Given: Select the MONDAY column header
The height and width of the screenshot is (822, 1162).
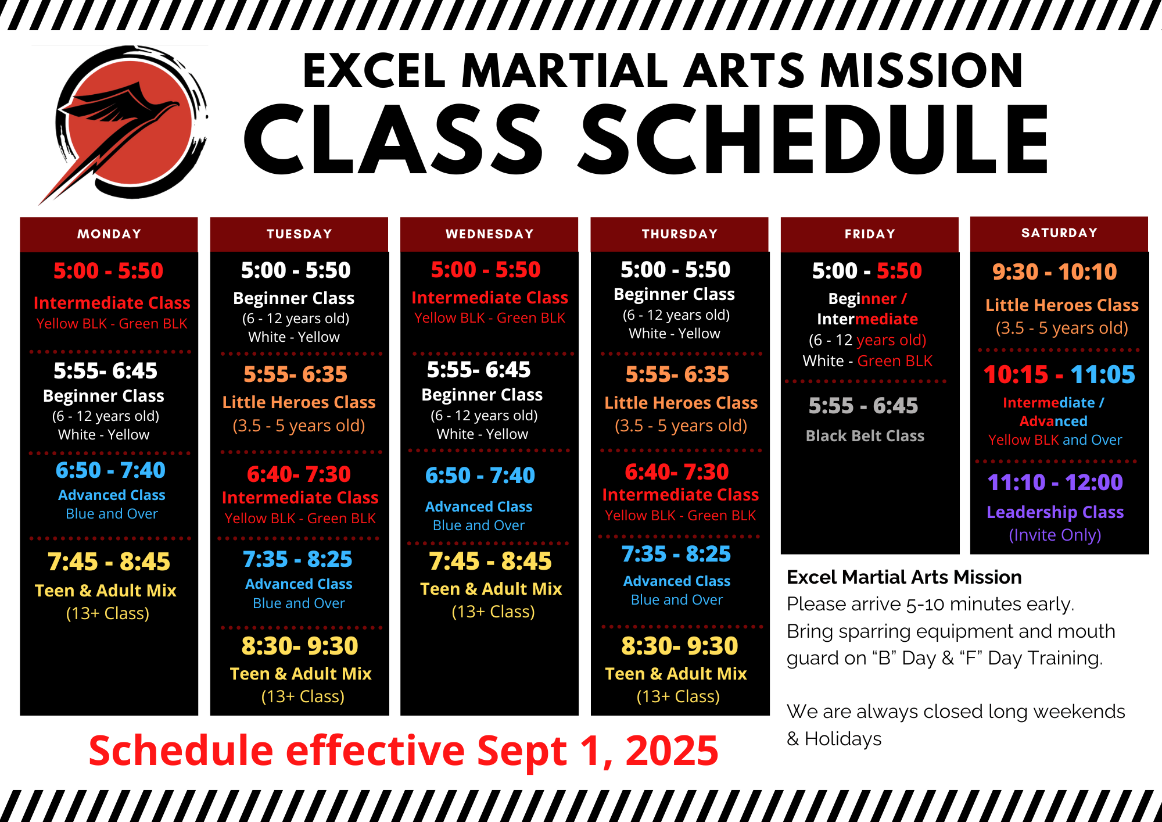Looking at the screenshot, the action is coord(109,234).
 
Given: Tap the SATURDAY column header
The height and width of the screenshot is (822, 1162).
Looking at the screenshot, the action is coord(1060,233).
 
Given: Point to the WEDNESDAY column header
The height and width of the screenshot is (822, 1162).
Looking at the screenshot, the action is coord(490,234).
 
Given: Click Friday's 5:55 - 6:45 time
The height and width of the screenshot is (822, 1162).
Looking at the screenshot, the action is coord(863,405).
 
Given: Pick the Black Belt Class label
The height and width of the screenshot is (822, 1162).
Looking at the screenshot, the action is coord(865,436).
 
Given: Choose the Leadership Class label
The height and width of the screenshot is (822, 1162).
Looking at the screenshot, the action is coord(1055,512).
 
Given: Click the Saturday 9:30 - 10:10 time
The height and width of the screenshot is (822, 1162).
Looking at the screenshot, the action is coord(1055,271).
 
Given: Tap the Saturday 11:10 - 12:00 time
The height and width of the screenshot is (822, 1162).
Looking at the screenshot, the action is coord(1055,482).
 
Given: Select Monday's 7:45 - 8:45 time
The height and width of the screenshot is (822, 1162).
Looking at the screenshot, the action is coord(109,562).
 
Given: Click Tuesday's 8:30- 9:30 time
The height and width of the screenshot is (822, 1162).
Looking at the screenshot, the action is coord(300,646).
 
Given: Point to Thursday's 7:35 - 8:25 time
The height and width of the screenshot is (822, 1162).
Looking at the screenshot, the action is coord(676,554).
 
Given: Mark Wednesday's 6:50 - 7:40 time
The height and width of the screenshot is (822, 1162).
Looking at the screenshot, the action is coord(480,475).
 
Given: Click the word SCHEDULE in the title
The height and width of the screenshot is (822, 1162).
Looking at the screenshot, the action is coord(815,140).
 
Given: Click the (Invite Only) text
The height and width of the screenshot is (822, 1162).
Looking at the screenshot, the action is coord(1055,535).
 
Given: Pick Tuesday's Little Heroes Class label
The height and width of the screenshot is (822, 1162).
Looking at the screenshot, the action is coord(299,402).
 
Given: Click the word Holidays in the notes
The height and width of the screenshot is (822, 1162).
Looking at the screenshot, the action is coord(843,739).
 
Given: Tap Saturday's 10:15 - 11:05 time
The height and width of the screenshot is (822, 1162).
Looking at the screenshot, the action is coord(1059,374).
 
